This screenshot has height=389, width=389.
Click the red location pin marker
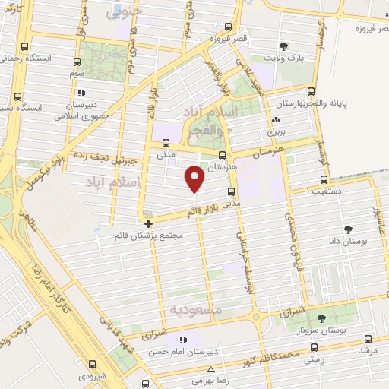click(195, 179)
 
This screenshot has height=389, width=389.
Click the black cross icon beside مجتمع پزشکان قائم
click(148, 223)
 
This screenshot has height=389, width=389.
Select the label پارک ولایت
click(283, 58)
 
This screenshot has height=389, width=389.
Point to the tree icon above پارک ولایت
click(283, 46)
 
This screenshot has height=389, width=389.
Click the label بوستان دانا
click(349, 240)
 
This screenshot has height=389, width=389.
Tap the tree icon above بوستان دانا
click(349, 229)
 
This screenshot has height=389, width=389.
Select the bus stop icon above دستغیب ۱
click(324, 180)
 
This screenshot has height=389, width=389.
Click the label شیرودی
click(102, 375)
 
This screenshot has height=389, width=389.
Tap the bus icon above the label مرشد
click(368, 339)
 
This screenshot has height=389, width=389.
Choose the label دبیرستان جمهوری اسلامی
click(81, 111)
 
